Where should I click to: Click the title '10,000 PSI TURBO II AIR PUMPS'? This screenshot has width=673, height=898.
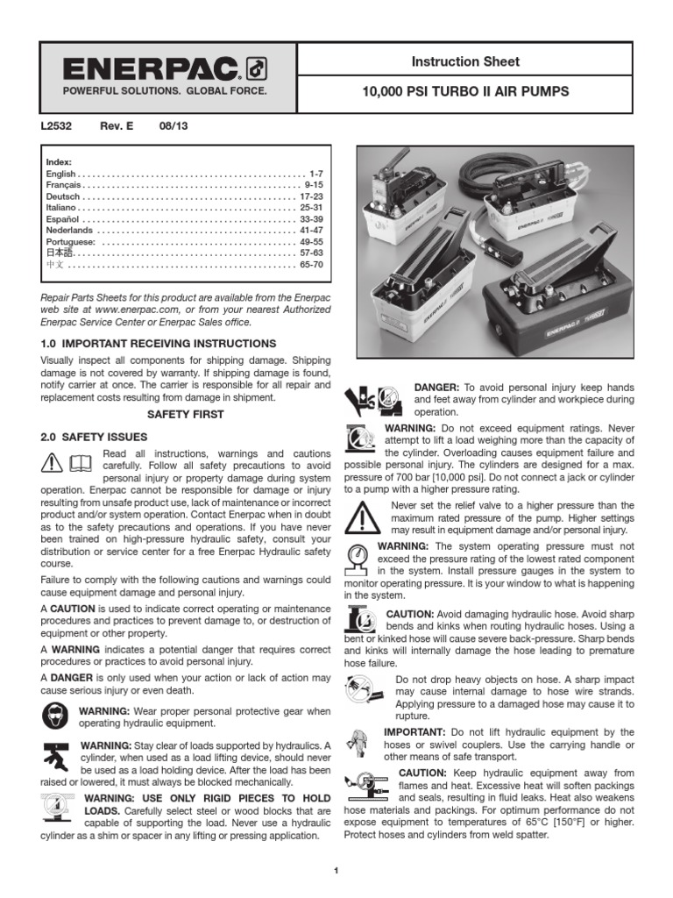tap(465, 91)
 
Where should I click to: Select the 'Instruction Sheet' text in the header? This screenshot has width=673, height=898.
tap(465, 61)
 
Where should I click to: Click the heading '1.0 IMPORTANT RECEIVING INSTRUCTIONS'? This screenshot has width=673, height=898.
tap(159, 343)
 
